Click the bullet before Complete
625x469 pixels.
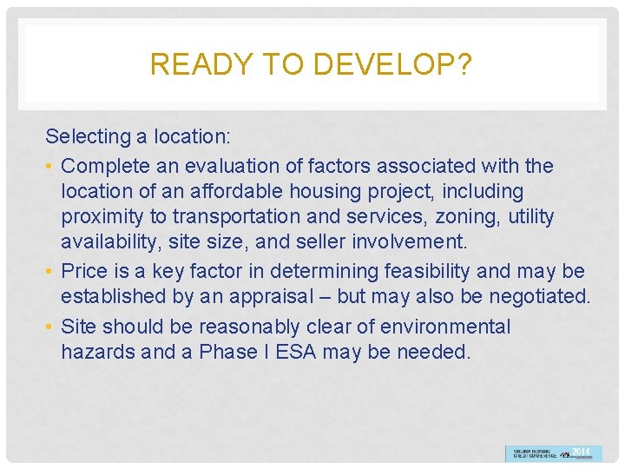click(51, 166)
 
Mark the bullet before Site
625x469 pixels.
click(51, 327)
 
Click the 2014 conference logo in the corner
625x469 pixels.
click(552, 452)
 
